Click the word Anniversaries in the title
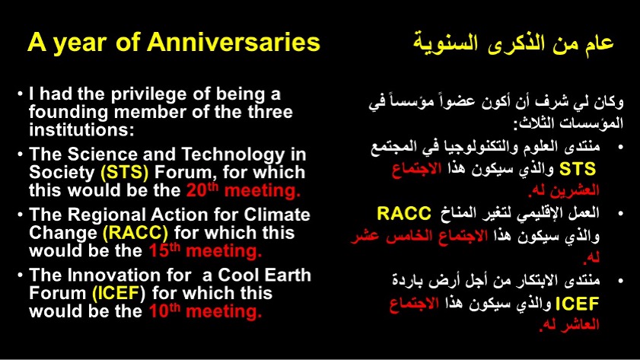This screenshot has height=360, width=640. click(x=234, y=42)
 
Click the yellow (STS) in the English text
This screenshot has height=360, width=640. click(x=125, y=172)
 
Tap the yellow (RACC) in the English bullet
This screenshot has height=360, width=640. click(x=135, y=233)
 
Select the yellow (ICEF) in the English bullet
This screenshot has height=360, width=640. click(x=119, y=293)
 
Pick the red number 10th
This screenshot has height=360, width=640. click(x=164, y=311)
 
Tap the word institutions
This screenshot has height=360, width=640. click(x=81, y=130)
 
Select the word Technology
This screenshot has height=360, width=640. click(x=233, y=155)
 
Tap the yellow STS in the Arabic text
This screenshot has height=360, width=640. click(x=578, y=169)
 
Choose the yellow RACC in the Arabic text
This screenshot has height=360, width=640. click(x=404, y=213)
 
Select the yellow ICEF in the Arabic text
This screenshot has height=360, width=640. click(x=577, y=304)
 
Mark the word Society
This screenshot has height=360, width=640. click(x=62, y=173)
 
